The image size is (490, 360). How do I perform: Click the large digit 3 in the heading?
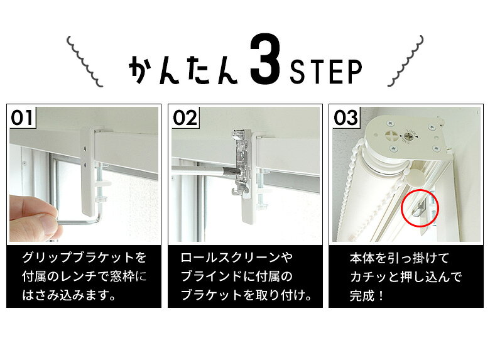265,60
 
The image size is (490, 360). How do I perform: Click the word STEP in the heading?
326,72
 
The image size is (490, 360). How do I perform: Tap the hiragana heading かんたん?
183,70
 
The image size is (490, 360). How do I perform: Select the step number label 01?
22,118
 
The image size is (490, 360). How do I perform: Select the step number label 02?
185,118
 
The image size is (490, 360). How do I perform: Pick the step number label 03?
346,118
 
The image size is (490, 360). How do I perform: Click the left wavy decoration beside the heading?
84,61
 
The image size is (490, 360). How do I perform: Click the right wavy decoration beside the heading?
406,60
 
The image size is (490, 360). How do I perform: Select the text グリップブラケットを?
84,258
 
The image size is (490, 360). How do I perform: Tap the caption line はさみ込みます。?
69,295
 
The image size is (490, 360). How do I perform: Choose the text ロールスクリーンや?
237,258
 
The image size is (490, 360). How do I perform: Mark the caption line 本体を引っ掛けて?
400,258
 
